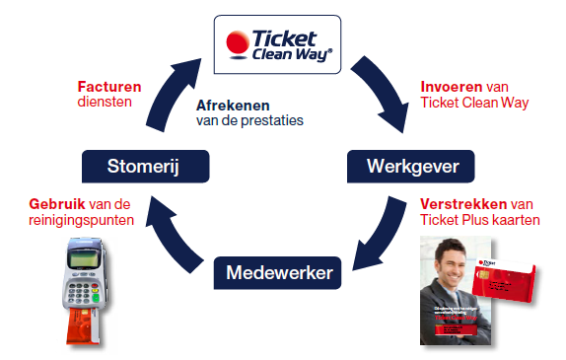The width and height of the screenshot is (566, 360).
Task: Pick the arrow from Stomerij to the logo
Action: click(171, 94)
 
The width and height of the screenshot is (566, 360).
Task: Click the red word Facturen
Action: click(108, 86)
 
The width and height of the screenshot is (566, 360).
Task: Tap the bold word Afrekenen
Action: click(234, 105)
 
